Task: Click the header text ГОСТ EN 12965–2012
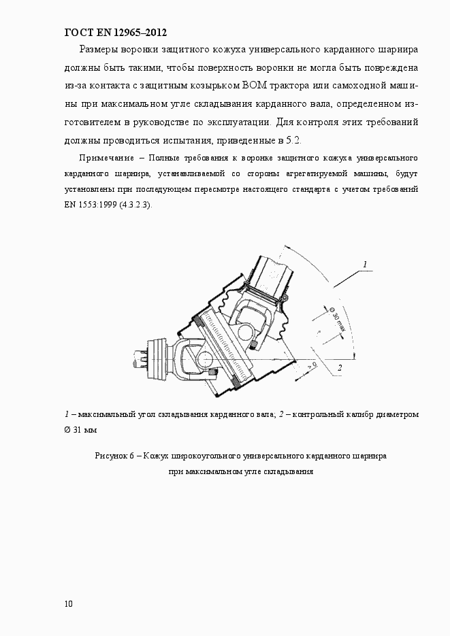point(115,33)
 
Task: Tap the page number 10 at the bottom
point(69,603)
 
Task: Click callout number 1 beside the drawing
point(365,264)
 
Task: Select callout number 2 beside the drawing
point(338,368)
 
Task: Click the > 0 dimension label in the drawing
point(312,366)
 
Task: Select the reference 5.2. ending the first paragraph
point(291,139)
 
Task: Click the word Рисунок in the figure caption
point(110,456)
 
